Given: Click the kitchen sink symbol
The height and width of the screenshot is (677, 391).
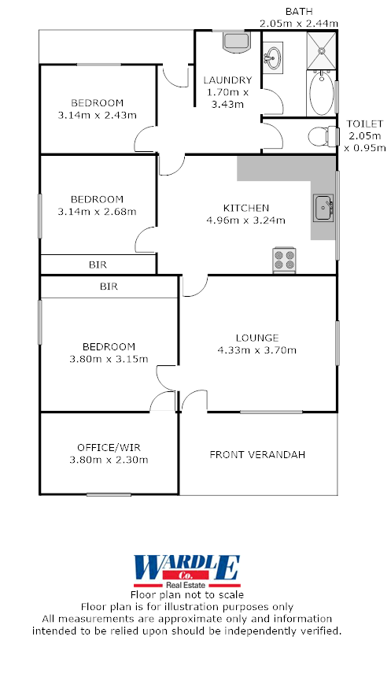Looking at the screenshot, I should pyautogui.click(x=323, y=209).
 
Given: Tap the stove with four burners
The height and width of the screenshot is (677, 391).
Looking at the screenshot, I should pyautogui.click(x=284, y=260).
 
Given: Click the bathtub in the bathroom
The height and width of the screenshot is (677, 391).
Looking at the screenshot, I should pyautogui.click(x=321, y=94).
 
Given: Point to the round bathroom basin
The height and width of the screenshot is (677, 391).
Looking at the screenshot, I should pyautogui.click(x=274, y=57).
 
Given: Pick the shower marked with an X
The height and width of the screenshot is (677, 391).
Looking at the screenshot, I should pyautogui.click(x=322, y=49).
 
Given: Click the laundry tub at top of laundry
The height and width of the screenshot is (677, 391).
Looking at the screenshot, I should pyautogui.click(x=234, y=41).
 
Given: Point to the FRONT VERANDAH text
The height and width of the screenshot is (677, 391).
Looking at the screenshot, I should pyautogui.click(x=256, y=454).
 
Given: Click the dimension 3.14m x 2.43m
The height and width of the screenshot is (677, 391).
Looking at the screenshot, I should pyautogui.click(x=98, y=115).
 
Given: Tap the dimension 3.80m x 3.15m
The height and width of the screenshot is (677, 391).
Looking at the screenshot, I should pyautogui.click(x=108, y=358).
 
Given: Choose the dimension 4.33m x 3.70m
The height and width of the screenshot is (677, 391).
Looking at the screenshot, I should pyautogui.click(x=257, y=350).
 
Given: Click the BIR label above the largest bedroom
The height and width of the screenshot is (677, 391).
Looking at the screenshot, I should pyautogui.click(x=109, y=287).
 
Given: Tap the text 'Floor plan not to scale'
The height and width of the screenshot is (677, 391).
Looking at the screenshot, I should pyautogui.click(x=187, y=595).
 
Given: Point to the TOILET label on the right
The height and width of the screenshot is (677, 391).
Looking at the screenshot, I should pyautogui.click(x=365, y=124).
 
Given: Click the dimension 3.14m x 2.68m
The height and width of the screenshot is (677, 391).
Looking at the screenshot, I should pyautogui.click(x=98, y=211).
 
